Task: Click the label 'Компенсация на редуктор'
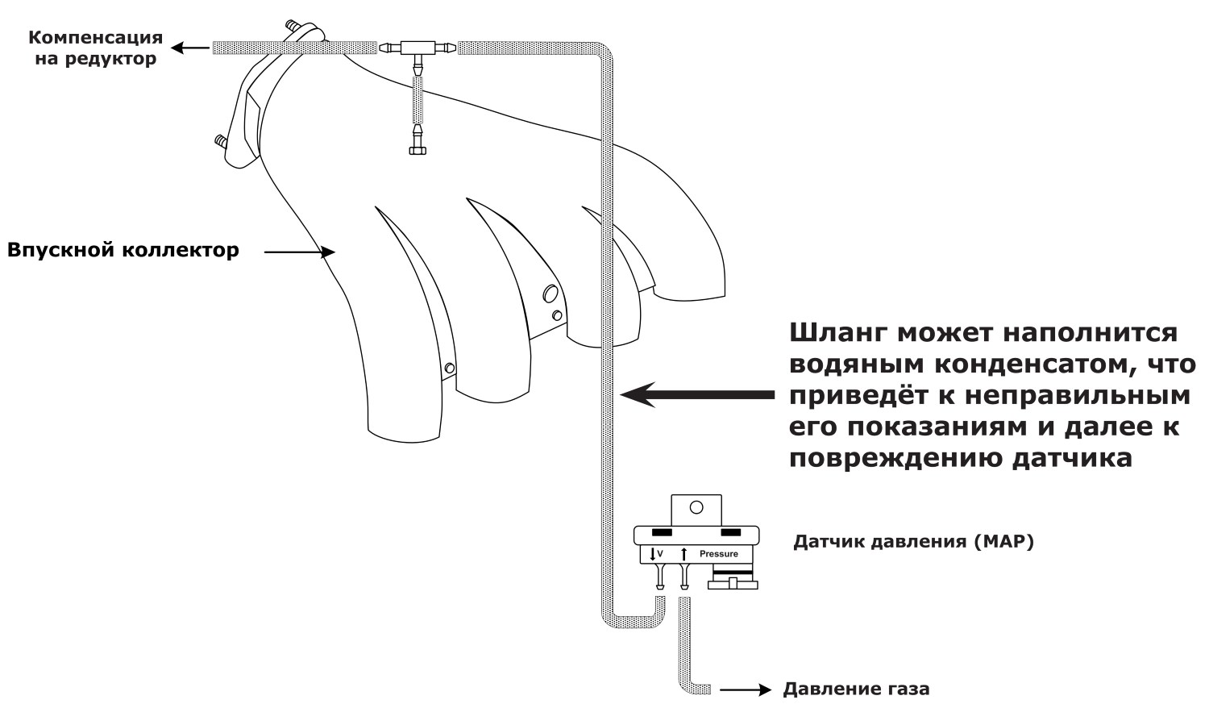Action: coord(96,48)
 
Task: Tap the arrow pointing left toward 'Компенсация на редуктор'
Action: coord(190,48)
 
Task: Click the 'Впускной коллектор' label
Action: coord(123,251)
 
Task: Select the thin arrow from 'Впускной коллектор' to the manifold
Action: coord(300,252)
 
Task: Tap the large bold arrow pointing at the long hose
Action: coord(697,395)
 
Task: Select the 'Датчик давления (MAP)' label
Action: coord(913,541)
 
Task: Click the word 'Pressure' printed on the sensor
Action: coord(718,553)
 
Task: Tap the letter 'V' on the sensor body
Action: coord(660,553)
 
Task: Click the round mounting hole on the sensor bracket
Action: coord(697,507)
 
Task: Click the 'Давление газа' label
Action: coord(857,689)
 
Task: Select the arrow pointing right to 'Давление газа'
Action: coord(746,689)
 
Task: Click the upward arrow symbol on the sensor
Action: coord(683,553)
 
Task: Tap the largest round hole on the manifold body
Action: coord(550,294)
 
